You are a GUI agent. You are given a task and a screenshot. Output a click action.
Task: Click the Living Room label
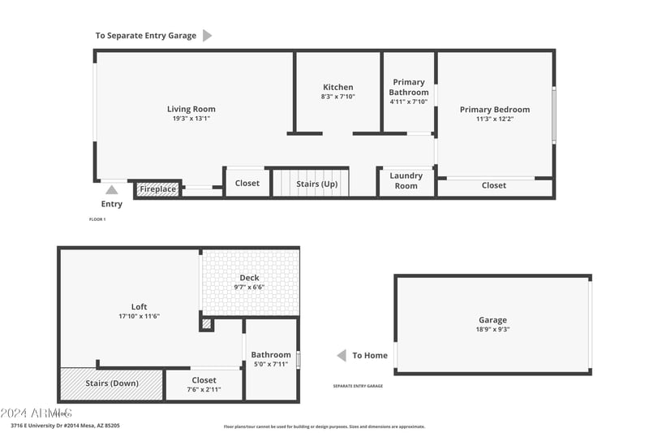(x=191, y=109)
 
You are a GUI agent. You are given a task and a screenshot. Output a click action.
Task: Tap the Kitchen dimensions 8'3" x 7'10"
(x=338, y=96)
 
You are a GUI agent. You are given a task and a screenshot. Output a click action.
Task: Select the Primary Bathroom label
(x=408, y=87)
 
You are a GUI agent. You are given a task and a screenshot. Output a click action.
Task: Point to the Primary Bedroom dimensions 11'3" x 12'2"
(x=494, y=119)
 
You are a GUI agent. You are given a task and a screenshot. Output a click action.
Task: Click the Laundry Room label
(x=406, y=180)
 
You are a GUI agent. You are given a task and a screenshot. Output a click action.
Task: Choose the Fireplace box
(x=157, y=189)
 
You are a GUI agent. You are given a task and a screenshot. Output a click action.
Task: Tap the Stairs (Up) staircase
(x=311, y=183)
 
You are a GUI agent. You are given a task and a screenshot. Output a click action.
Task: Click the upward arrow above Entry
(x=111, y=189)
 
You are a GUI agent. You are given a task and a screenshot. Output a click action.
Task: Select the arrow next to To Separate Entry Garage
(x=207, y=36)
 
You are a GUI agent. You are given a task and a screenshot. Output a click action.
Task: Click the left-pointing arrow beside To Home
(x=342, y=356)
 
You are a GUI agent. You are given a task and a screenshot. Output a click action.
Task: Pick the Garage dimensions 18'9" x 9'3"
(x=492, y=329)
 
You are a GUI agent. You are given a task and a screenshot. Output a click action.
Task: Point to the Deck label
(x=249, y=278)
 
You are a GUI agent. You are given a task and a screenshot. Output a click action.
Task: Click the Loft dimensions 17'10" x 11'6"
(x=139, y=316)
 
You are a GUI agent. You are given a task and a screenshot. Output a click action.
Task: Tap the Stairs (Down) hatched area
(x=112, y=383)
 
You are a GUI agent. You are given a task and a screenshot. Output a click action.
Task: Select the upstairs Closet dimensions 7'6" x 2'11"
(x=204, y=389)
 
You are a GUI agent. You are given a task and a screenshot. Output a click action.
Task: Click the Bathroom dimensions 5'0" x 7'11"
(x=270, y=364)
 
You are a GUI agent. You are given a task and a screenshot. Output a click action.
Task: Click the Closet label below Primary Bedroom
(x=493, y=185)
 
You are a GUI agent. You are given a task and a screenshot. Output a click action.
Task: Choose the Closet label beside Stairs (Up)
(x=247, y=183)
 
